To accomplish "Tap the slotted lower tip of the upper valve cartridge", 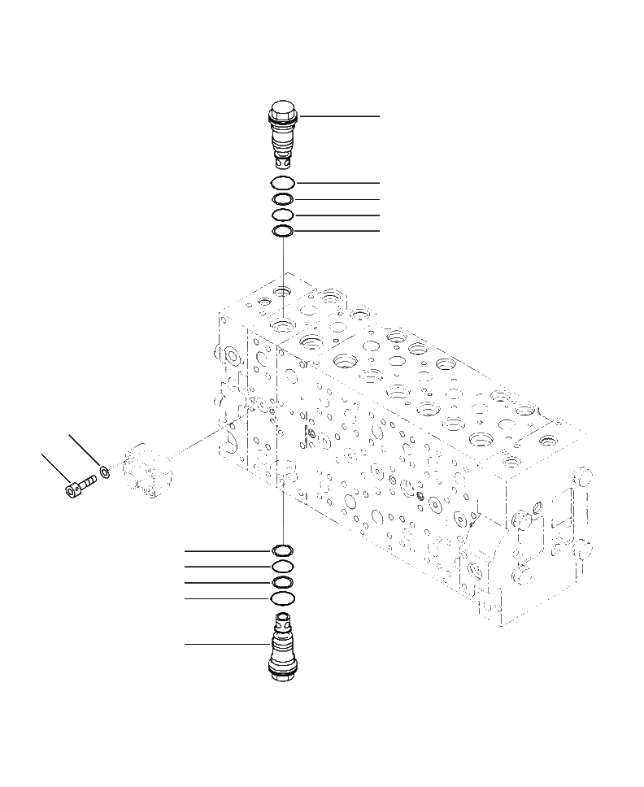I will [x=283, y=165].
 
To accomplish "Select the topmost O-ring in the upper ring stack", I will [x=283, y=183].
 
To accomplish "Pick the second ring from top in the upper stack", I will [x=283, y=199].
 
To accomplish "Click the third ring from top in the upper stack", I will [x=283, y=215].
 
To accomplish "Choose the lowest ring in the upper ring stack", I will [x=283, y=232].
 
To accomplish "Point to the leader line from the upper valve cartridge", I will [x=342, y=116].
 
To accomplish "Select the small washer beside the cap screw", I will [x=105, y=471].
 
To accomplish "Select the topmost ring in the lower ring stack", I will [x=283, y=551].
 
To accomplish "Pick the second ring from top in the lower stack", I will [x=283, y=567].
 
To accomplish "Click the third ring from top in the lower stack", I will [x=283, y=583].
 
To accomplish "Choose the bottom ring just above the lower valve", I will [x=283, y=599].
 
